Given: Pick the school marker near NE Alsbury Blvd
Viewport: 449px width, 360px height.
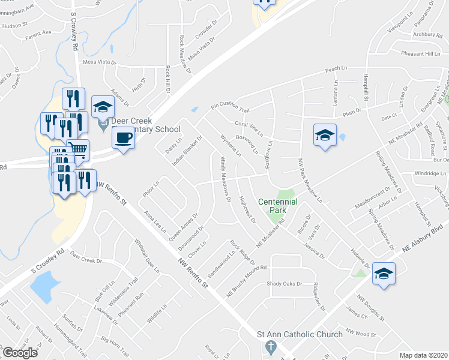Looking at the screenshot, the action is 383,274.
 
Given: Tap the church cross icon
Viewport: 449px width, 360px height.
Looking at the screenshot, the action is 271,347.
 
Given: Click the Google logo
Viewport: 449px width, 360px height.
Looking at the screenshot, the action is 20,353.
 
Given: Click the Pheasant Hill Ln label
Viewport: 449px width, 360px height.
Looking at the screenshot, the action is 420,54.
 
